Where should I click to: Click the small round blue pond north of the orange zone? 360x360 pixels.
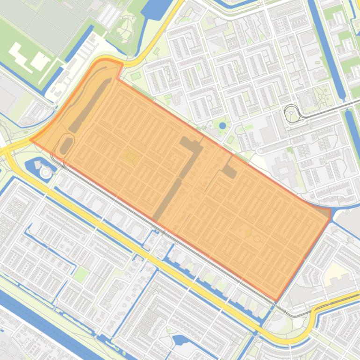coord(223,125)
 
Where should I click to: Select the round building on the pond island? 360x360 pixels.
coord(46,173)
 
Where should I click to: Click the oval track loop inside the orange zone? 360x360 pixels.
coord(66,144)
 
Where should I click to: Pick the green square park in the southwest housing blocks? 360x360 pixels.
coord(80,274)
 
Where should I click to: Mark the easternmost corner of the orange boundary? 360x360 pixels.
coord(331,211)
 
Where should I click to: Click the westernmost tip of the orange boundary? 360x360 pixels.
coord(31,139)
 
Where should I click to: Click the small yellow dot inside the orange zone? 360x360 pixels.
coord(248,232)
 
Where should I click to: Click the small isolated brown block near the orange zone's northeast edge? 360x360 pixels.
coord(229,172)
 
